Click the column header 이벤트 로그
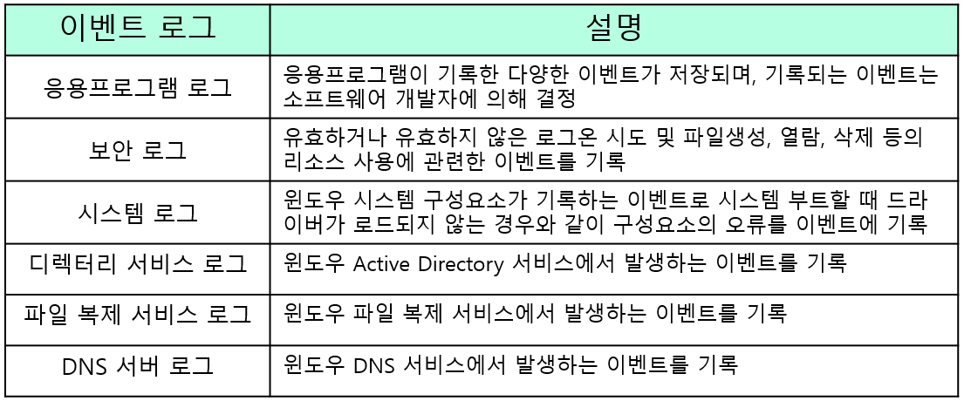[138, 30]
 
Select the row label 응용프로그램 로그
[138, 87]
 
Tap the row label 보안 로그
[138, 150]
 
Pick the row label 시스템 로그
[138, 212]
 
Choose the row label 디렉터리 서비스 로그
[138, 263]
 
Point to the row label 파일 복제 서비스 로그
[138, 313]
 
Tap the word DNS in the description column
[374, 364]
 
